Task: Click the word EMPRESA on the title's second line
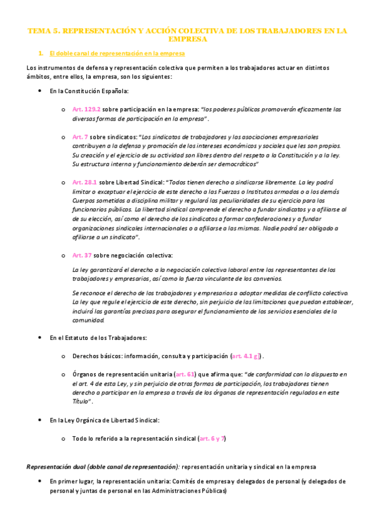(187, 39)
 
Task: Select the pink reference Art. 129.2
(86, 109)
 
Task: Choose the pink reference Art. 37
(82, 256)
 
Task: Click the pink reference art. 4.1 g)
(247, 356)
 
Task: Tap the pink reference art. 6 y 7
(212, 439)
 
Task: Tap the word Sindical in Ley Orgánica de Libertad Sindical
(146, 421)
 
